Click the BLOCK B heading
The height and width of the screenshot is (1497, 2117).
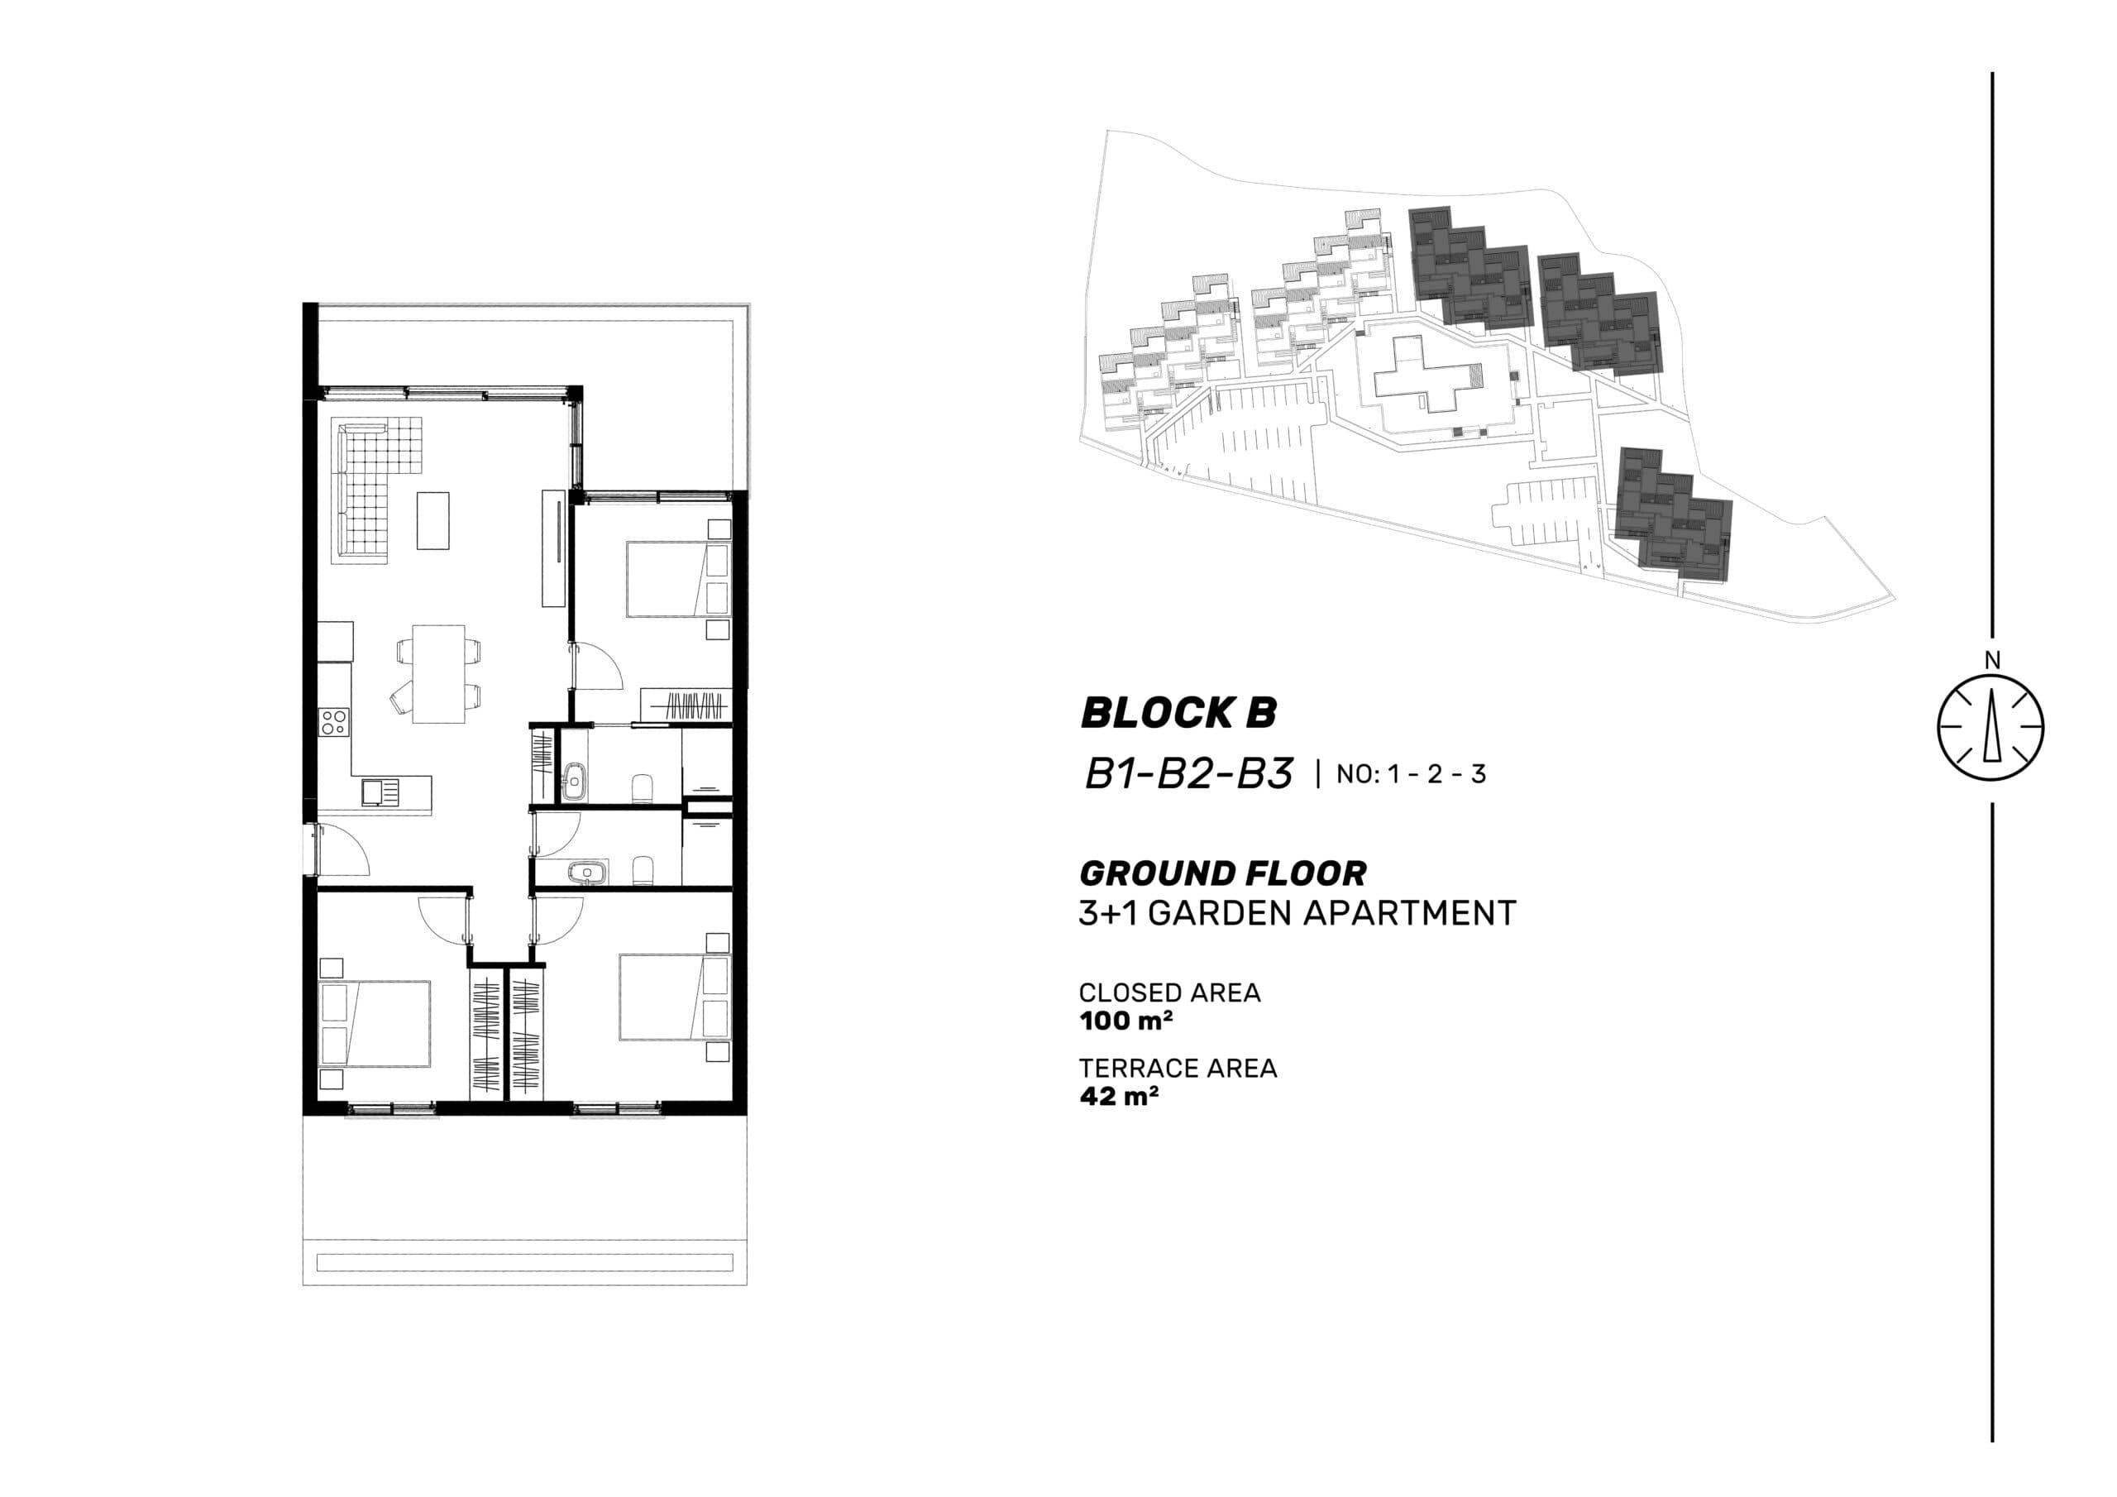pos(1178,713)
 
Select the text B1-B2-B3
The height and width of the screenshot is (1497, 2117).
pos(1188,774)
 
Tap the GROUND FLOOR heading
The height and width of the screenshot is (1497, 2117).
pos(1222,873)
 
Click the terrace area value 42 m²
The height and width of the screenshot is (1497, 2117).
pos(1118,1097)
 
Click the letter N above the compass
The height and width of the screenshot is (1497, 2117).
pos(1992,660)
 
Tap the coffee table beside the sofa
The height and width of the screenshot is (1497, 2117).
pos(433,521)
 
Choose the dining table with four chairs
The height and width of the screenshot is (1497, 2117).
pos(439,673)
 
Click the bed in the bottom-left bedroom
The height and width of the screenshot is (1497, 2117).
pos(376,1024)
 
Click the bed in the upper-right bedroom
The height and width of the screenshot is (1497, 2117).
pos(667,579)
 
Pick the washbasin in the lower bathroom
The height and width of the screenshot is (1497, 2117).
pos(584,871)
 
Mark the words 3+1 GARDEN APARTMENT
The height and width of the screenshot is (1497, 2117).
pos(1297,913)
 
